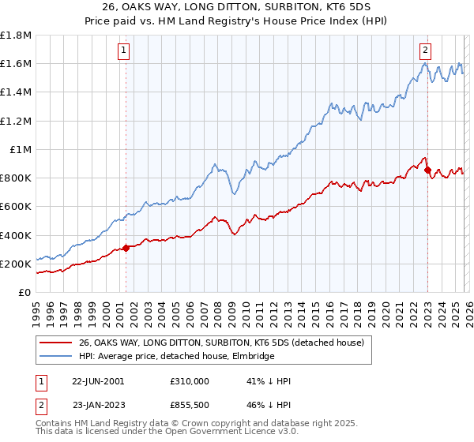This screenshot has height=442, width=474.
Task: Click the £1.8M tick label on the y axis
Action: tap(16, 36)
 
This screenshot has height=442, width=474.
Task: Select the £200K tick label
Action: tap(16, 264)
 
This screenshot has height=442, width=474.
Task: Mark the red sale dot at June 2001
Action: tap(126, 248)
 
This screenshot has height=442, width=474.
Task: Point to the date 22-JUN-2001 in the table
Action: tap(98, 381)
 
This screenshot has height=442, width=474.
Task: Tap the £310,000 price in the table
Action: tap(189, 381)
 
